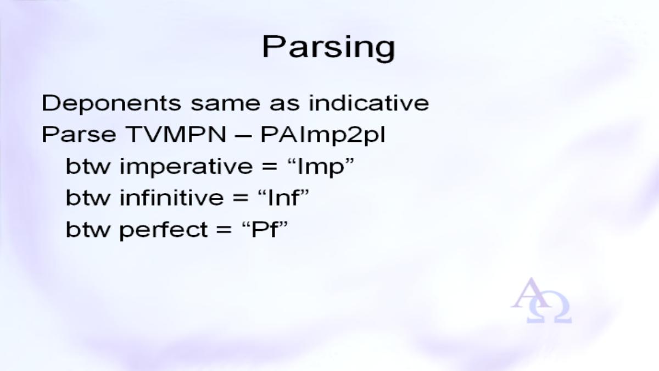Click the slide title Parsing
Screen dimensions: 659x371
[328, 48]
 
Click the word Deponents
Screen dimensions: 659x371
[111, 104]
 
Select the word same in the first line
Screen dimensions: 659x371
[226, 104]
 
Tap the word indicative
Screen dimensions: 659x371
[368, 103]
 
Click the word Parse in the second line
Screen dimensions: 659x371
[79, 135]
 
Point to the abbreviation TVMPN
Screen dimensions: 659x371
[176, 135]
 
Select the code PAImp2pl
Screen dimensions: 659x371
[323, 135]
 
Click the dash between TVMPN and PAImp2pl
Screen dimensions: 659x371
[244, 136]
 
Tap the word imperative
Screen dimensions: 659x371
[186, 167]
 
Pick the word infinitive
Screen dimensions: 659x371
[171, 197]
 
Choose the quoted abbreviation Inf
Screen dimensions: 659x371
[283, 197]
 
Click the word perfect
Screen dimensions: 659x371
[164, 230]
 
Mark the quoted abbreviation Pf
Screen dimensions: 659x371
[265, 229]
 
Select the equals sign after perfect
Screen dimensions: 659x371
[224, 230]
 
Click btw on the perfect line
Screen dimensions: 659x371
[88, 229]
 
